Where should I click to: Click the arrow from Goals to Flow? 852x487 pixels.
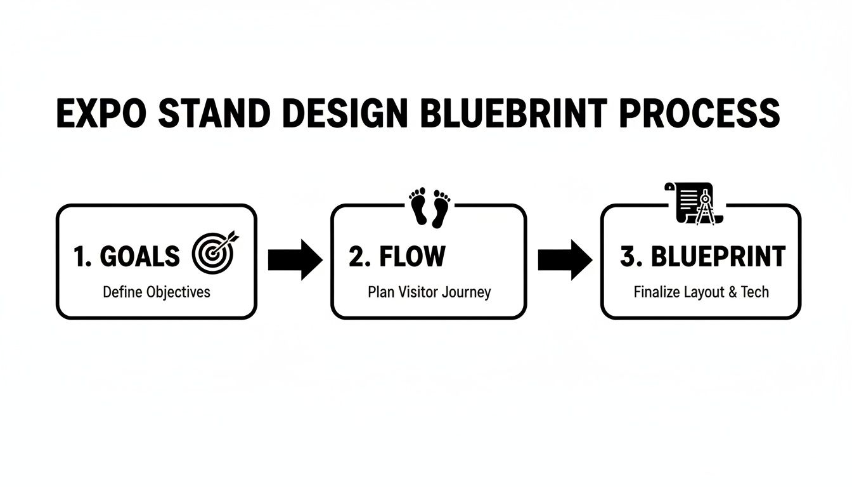click(295, 260)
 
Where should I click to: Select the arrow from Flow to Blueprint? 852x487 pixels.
click(565, 260)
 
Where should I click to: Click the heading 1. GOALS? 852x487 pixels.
click(127, 257)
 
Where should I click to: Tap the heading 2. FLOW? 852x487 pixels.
click(397, 257)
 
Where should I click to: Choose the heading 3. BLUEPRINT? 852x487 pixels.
click(702, 257)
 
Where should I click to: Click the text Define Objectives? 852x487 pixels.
click(156, 292)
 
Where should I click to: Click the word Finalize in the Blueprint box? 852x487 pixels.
click(657, 292)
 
